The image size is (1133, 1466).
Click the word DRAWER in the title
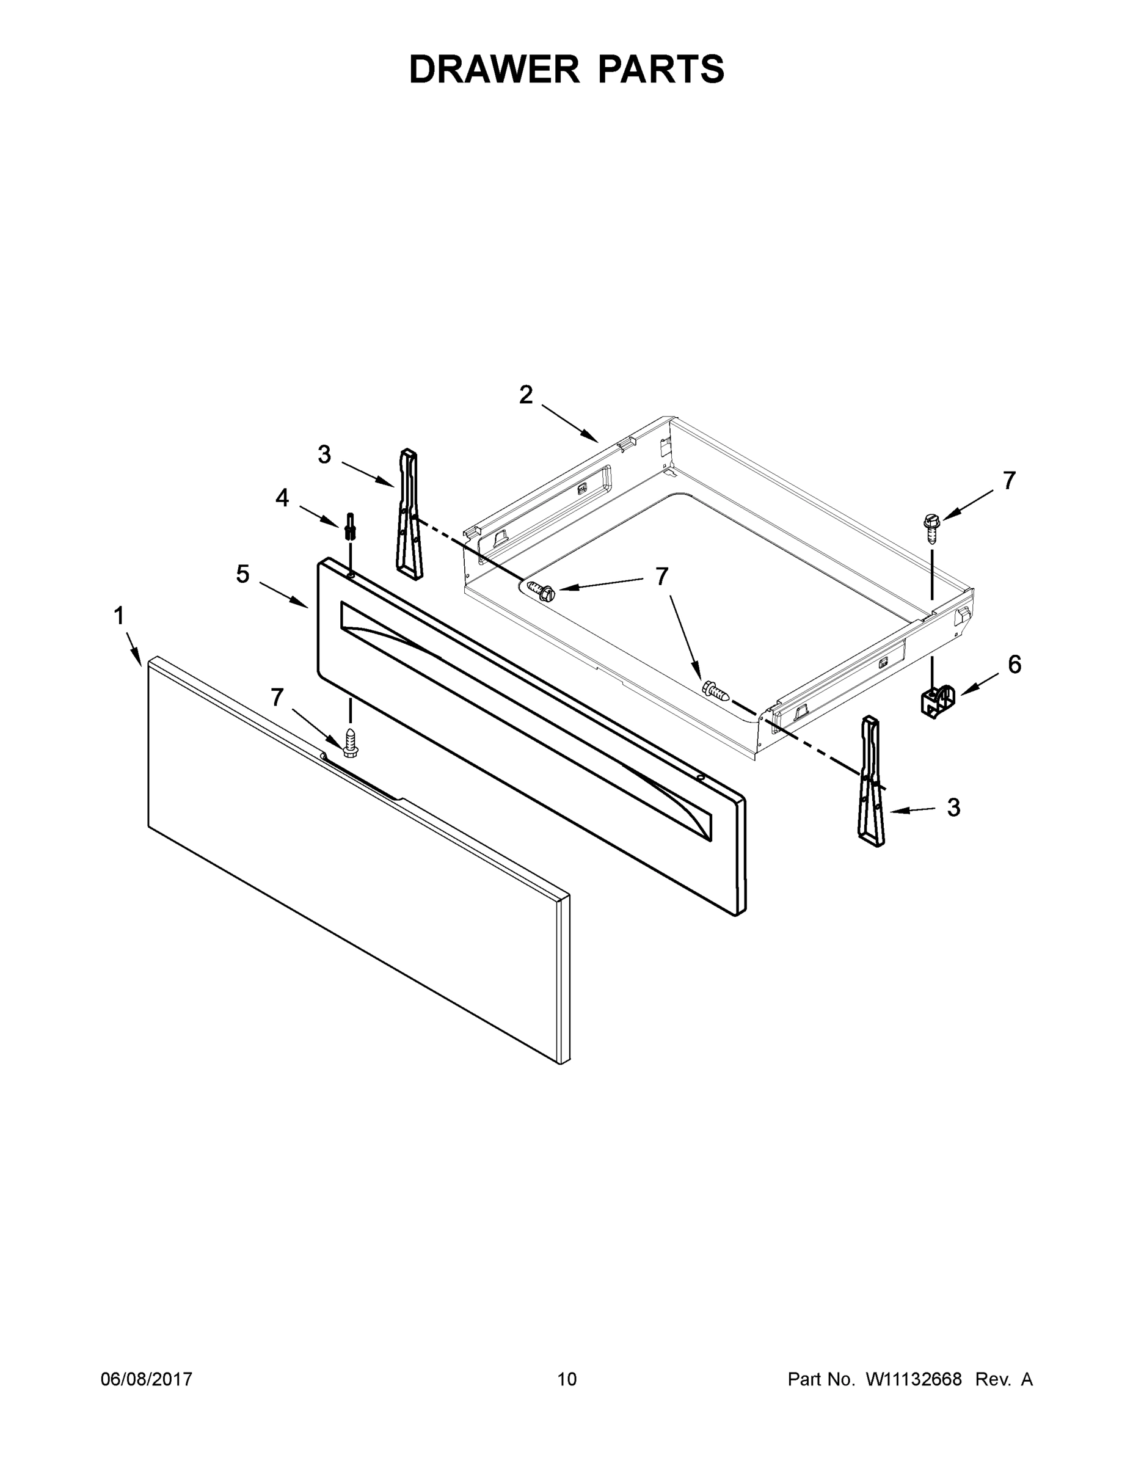(494, 69)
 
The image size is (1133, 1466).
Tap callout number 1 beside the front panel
(120, 616)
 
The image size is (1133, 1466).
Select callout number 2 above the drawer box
(525, 395)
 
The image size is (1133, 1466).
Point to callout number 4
(282, 497)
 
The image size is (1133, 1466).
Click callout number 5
(242, 574)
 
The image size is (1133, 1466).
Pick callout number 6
(1014, 665)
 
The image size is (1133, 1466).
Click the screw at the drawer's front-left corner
(542, 591)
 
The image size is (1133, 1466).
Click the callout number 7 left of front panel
(277, 698)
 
